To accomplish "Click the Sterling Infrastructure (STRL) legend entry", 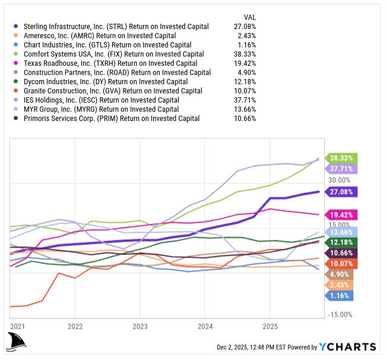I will click(x=116, y=27).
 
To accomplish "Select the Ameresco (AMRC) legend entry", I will click(x=98, y=36).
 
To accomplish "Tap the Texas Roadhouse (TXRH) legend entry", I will click(x=110, y=63).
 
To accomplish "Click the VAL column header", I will click(x=249, y=17).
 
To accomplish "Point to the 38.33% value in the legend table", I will click(x=243, y=54).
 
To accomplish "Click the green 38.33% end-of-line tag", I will click(x=341, y=158).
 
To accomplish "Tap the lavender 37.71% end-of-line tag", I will click(x=341, y=169).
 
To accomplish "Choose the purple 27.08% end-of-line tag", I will click(x=341, y=192).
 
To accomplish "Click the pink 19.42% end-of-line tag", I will click(x=341, y=214).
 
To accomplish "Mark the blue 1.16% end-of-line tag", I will click(x=339, y=295).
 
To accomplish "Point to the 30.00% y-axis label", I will click(x=340, y=180).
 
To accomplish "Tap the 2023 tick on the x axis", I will click(x=140, y=326).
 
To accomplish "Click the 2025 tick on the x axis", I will click(x=270, y=326).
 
